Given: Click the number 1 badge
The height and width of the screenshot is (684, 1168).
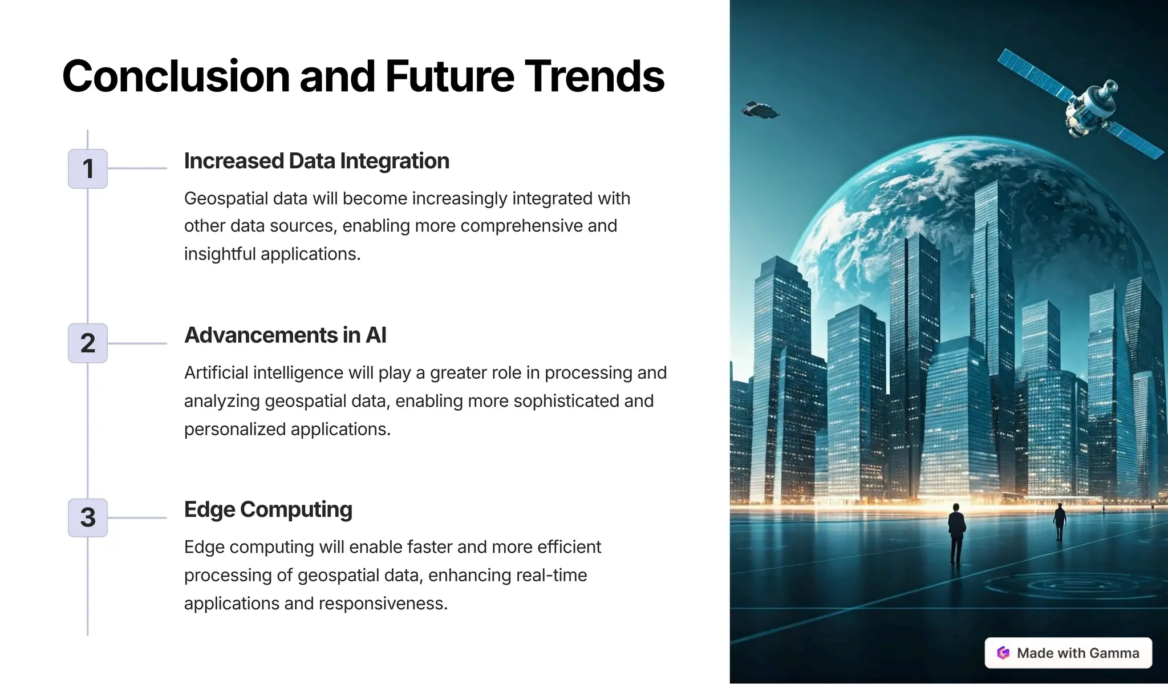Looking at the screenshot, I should (x=88, y=169).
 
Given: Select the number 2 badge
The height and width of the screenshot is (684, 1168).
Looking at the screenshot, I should (x=88, y=343).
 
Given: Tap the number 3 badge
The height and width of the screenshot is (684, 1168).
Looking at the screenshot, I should (x=88, y=518).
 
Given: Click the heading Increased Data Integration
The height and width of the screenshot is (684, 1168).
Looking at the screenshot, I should (x=317, y=161).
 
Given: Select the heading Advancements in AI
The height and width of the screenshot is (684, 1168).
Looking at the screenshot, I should (x=285, y=335).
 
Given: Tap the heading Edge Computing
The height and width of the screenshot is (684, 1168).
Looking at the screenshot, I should (x=268, y=509).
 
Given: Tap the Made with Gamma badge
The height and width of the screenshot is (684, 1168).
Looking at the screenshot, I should (x=1068, y=653).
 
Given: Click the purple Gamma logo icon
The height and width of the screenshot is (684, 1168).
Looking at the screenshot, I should (x=1003, y=653).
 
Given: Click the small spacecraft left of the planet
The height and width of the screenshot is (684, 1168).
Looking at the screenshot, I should (x=760, y=110).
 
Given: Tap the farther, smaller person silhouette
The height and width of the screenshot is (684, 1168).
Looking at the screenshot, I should (x=1060, y=521).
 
